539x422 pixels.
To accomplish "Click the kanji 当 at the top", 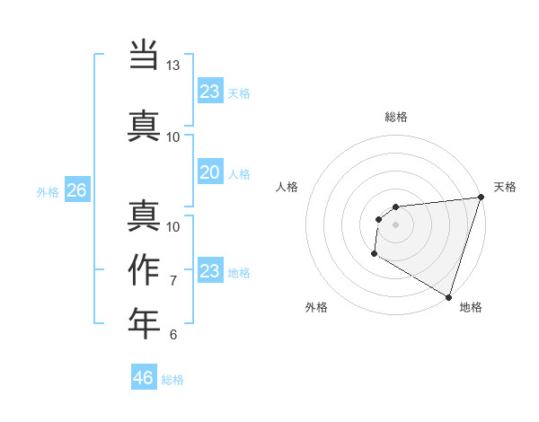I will tap(144, 55).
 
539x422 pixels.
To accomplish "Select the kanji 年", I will tap(144, 323).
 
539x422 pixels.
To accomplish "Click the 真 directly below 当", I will tap(144, 125).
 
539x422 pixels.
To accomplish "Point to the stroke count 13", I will tap(172, 66).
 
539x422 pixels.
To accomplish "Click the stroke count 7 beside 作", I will tap(173, 281).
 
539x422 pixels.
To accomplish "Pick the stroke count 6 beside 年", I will tap(173, 335).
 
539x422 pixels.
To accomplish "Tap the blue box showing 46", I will tap(144, 378).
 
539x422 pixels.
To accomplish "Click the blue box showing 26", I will tap(76, 190).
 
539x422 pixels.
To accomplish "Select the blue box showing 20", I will tap(209, 172).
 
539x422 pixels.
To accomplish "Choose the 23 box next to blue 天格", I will tap(209, 92).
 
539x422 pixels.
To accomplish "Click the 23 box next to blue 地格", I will tap(209, 271).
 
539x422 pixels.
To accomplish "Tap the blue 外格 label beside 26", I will tap(48, 191).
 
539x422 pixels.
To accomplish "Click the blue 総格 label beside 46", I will tap(172, 380).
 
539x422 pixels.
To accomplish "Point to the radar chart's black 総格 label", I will tap(396, 117).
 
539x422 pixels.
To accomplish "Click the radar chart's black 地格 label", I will tap(471, 308).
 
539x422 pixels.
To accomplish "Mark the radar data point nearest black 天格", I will tap(481, 198).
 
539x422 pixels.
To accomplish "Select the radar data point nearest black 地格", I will tap(447, 295).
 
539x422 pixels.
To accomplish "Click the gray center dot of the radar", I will tap(395, 224).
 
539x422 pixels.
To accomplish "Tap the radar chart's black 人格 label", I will tap(287, 187).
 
